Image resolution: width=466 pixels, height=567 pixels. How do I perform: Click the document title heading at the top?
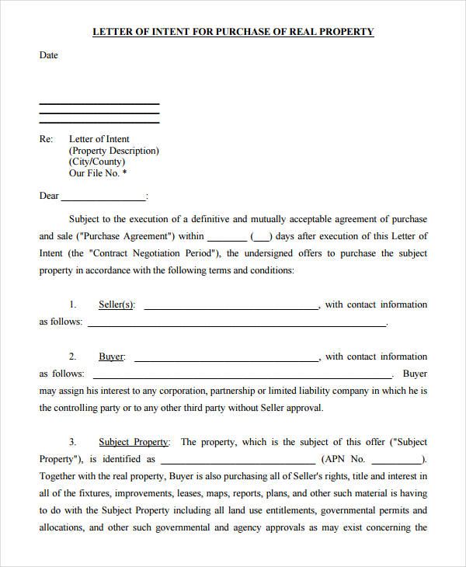(233, 32)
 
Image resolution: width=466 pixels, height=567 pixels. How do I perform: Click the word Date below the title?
(49, 56)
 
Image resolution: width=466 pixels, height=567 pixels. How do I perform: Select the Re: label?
(47, 140)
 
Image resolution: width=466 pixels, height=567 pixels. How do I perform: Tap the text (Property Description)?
(114, 151)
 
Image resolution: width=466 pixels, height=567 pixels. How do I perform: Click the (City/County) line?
(96, 162)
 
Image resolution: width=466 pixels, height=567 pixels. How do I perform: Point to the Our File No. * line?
(98, 173)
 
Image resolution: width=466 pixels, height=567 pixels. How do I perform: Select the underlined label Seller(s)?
(116, 305)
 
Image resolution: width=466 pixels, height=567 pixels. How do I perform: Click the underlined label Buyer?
(111, 357)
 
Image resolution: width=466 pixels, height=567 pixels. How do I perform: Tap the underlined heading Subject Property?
(133, 442)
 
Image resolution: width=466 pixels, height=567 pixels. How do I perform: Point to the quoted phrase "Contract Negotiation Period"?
(155, 253)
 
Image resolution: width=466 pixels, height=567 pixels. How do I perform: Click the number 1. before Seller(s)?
(73, 305)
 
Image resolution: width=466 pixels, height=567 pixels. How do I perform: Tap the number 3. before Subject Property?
(73, 442)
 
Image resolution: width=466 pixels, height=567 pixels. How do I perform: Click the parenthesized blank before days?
(261, 237)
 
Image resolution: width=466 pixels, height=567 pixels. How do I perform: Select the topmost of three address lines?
(99, 104)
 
